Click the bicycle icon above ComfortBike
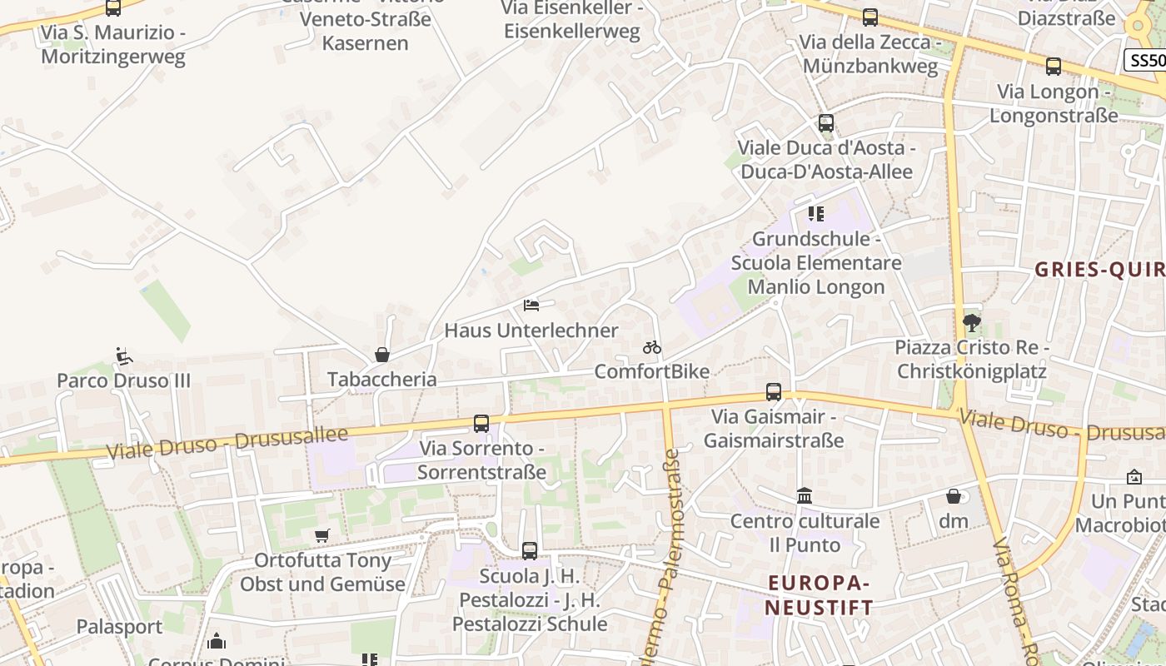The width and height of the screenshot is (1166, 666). coord(652,347)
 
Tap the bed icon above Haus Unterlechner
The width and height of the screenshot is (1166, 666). coord(531,306)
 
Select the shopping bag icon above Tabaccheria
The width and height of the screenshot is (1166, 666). coord(382,355)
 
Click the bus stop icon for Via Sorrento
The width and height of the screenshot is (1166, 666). coord(481,423)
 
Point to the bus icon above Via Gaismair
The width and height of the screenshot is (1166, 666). coord(774,391)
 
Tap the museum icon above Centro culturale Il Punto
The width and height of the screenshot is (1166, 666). coord(805,496)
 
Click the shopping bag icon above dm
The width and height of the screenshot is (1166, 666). coord(954,496)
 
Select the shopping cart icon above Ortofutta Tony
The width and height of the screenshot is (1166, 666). coord(322,535)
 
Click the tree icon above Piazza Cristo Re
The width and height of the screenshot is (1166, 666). coord(971,322)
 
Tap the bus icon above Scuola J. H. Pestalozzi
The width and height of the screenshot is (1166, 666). coord(530,550)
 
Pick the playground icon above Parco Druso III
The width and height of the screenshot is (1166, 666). coord(124,356)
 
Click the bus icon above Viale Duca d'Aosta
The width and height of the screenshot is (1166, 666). coord(826,123)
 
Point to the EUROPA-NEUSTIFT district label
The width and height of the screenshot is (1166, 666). coord(820,594)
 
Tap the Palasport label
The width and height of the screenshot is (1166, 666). coord(120,626)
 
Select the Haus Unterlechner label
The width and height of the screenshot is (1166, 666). coord(531,331)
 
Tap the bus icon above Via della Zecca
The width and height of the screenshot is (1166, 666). coord(870,17)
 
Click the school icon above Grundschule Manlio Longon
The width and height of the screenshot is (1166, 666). coord(816,214)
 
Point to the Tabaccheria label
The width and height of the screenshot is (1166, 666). coord(382,379)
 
